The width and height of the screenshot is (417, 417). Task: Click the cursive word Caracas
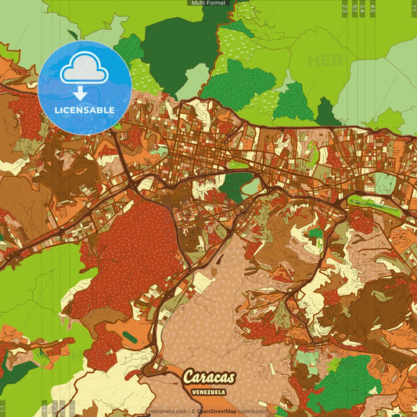coord(208,377)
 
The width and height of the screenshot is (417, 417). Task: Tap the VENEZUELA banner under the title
coord(209,390)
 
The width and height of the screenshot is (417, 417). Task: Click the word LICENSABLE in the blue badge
coord(84,110)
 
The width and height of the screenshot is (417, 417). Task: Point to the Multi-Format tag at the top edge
coord(208,3)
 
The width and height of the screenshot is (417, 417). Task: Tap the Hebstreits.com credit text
coord(167,411)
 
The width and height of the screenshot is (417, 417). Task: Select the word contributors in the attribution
coord(253,411)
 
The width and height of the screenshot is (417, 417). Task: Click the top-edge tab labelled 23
coord(345,8)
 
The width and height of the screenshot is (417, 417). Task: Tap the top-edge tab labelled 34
coord(363,8)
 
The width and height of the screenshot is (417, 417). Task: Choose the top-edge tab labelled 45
coord(372,8)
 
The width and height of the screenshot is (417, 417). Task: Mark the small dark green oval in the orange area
coord(129,336)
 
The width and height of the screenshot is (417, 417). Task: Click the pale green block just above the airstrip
coord(384,183)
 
